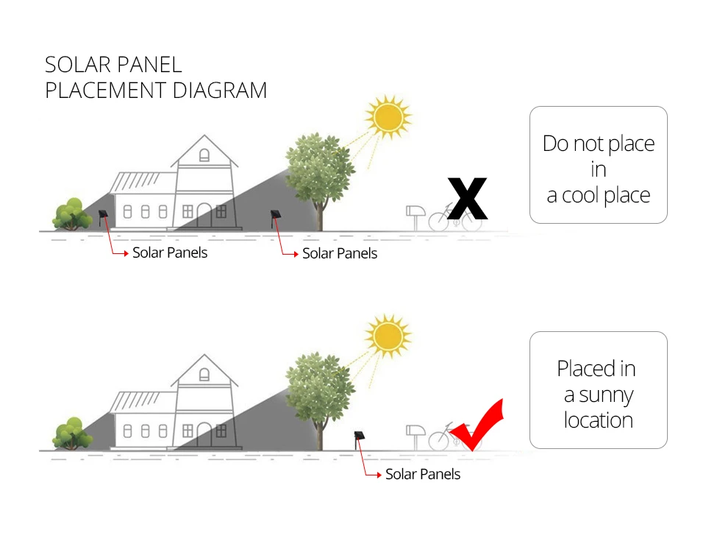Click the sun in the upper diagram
(x=388, y=117)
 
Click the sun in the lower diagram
(x=388, y=336)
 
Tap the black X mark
(x=468, y=199)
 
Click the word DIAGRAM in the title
(x=220, y=90)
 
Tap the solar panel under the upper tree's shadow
(x=276, y=218)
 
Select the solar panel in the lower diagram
(x=359, y=439)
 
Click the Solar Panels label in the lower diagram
(x=423, y=474)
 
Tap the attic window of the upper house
(x=204, y=155)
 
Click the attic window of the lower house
(x=204, y=375)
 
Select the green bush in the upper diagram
(x=72, y=213)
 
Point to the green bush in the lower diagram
(x=72, y=434)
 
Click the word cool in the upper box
(x=581, y=196)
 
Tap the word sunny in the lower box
(x=606, y=395)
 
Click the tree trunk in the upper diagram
(x=320, y=216)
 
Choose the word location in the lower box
(x=599, y=420)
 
